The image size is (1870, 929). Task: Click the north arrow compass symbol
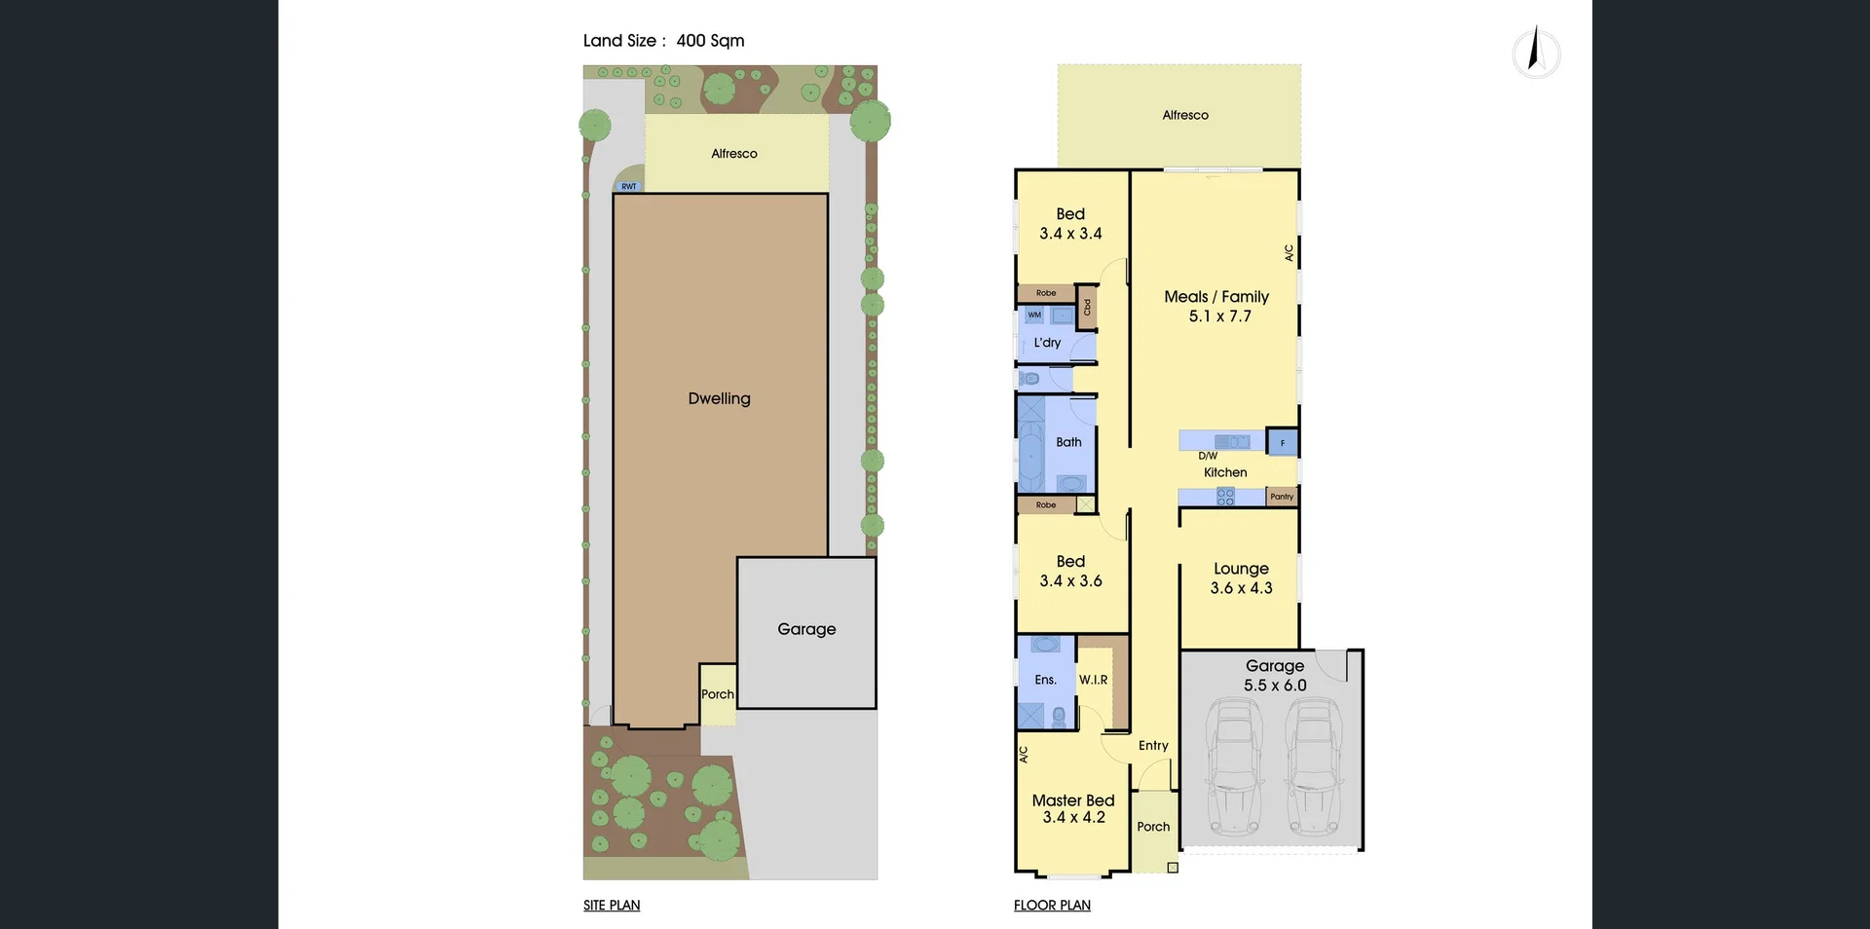[1536, 53]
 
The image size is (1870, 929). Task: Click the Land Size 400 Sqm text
[663, 41]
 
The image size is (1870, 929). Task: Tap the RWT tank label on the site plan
[629, 186]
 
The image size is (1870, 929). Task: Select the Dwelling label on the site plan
[719, 398]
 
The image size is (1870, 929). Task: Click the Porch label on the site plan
[718, 694]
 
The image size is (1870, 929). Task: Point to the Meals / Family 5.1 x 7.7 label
[1216, 306]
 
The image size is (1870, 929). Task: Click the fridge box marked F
[1283, 443]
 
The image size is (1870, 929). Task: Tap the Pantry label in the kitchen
[1282, 497]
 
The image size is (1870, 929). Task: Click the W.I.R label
[1093, 680]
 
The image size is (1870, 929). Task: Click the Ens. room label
[1045, 680]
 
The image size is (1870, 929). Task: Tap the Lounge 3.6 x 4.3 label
[1241, 577]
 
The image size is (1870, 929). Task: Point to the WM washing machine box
[1034, 315]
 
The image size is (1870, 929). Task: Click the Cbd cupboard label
[1088, 307]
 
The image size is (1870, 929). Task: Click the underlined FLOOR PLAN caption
[1052, 906]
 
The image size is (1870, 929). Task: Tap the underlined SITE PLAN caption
[612, 906]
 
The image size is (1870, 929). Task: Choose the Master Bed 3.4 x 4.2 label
[1073, 808]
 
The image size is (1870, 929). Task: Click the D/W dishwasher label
[1208, 456]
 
